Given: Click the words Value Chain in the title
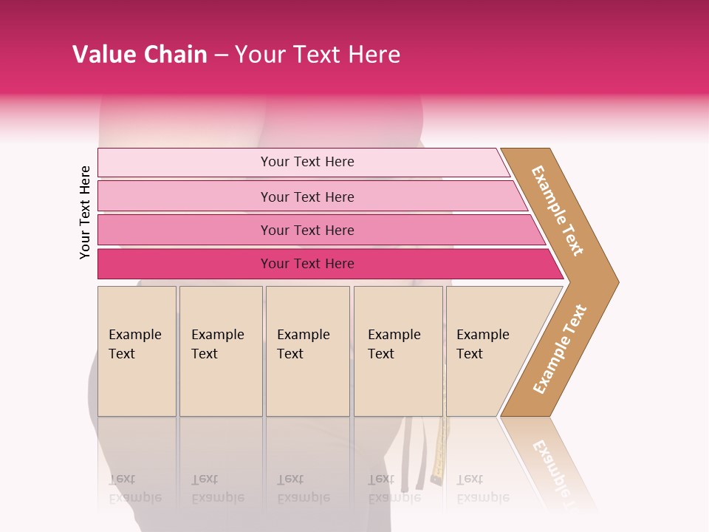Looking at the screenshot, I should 140,55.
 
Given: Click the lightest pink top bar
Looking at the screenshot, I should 185,163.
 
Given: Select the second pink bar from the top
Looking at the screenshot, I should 185,197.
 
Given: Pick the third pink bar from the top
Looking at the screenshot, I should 185,230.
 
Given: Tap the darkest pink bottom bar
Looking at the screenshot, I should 185,264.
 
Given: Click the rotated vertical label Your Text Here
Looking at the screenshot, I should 85,213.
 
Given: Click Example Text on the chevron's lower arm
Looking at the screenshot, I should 559,349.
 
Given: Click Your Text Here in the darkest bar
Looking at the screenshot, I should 307,264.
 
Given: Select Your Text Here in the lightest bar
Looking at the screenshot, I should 307,162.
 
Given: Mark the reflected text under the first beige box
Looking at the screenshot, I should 134,489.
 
